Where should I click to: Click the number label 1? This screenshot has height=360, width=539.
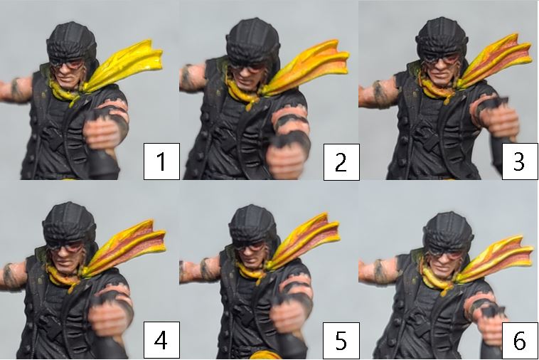point(161,162)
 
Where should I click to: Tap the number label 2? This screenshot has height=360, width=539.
point(341,162)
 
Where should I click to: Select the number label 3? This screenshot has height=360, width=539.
point(520,162)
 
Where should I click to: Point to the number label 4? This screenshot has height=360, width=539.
point(161,340)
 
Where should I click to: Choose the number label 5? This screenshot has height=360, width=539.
point(341,341)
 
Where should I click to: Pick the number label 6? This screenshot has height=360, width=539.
point(520,341)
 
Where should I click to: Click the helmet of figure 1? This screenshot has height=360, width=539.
point(72,41)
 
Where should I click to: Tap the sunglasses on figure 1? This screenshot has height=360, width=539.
point(67,63)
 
